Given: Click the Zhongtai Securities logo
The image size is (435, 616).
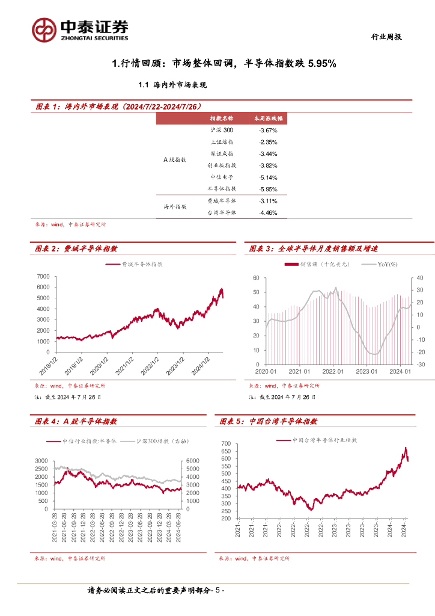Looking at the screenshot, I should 81,28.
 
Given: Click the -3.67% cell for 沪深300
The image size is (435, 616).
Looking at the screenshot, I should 267,130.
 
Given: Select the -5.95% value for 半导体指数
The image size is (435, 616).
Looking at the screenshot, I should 267,189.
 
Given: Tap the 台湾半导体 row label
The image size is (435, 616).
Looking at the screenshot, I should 222,212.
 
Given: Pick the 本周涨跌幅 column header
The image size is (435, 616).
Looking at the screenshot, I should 267,119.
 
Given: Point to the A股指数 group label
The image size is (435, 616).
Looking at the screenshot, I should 175,159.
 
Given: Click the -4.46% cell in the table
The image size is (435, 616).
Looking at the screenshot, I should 267,212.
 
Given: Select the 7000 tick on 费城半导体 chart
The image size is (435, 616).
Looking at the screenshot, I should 43,276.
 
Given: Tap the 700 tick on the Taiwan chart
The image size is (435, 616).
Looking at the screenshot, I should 226,444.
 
